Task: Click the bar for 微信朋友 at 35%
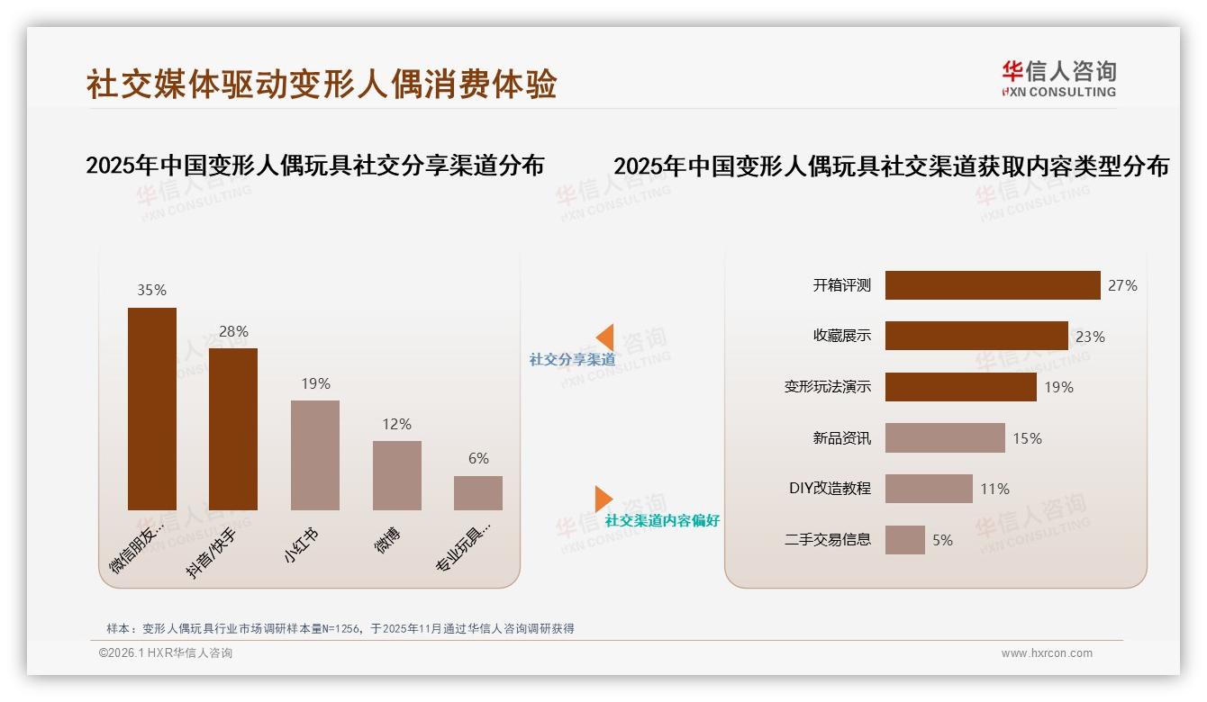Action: (x=152, y=409)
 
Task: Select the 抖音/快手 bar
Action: (x=233, y=429)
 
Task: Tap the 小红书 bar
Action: (x=315, y=455)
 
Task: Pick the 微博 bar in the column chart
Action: (x=397, y=475)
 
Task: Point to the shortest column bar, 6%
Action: (x=478, y=493)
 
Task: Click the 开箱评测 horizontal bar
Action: (x=993, y=285)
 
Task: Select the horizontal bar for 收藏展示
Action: (x=976, y=336)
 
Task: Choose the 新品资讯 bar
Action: (x=945, y=438)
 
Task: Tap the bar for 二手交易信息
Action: (x=905, y=540)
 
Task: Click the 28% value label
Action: (x=233, y=331)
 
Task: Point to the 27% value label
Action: (x=1122, y=285)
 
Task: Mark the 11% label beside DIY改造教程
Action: (x=995, y=489)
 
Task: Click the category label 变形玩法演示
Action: (x=828, y=387)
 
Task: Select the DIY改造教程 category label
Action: (x=830, y=489)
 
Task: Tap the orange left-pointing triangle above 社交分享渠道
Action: (x=605, y=337)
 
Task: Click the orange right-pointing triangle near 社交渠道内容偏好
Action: (x=603, y=498)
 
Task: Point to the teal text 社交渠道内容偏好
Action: (x=662, y=521)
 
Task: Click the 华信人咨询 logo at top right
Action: (x=1058, y=78)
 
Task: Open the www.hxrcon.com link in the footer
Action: (x=1047, y=653)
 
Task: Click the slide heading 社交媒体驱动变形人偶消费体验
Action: (x=322, y=84)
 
